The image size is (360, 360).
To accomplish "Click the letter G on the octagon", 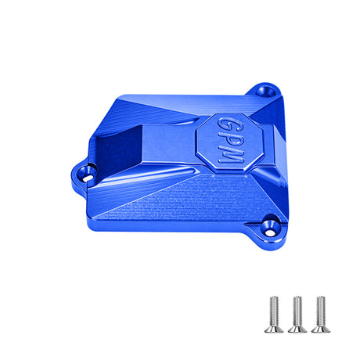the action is pyautogui.click(x=226, y=124).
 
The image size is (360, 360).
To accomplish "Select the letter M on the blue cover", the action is pyautogui.click(x=229, y=156).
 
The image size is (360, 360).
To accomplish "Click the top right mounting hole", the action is pyautogui.click(x=266, y=92).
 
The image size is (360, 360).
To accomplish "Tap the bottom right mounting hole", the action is pyautogui.click(x=271, y=227).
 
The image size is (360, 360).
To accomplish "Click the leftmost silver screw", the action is pyautogui.click(x=274, y=315).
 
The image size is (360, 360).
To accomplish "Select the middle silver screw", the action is pyautogui.click(x=297, y=315).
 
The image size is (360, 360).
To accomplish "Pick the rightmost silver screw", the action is pyautogui.click(x=321, y=315).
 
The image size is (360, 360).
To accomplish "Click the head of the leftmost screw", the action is pyautogui.click(x=274, y=329).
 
